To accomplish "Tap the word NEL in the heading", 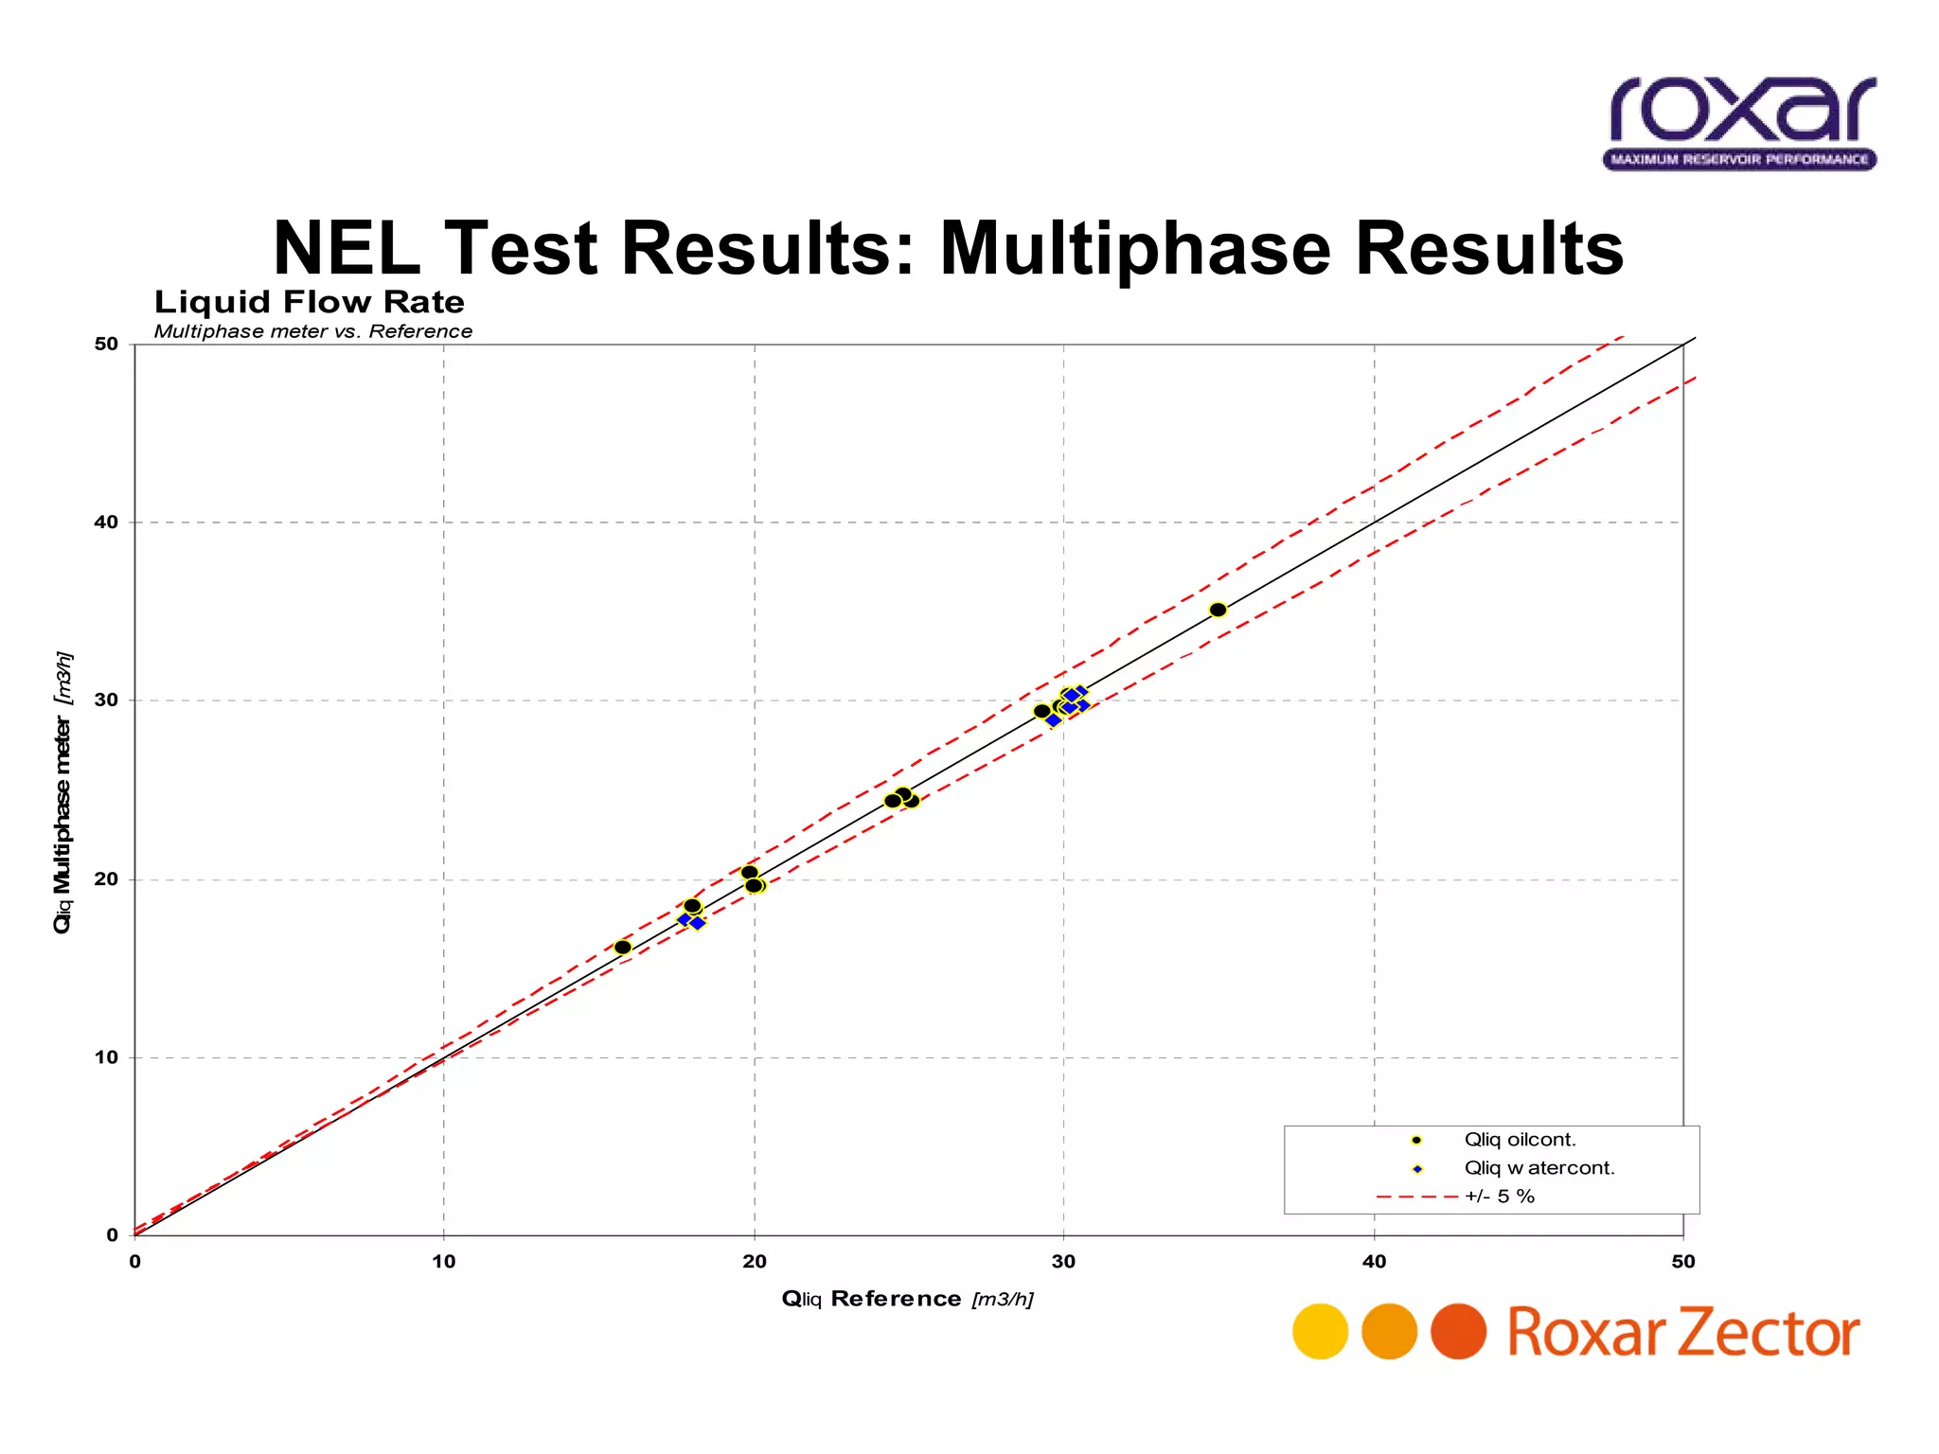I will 347,248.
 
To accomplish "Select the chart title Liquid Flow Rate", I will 310,302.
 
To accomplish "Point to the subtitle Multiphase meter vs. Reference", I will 312,331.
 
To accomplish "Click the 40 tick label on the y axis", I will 106,522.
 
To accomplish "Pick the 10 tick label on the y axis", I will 106,1057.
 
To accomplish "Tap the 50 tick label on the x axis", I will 1682,1261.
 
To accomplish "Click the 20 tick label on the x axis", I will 754,1261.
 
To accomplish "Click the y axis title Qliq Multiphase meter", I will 62,791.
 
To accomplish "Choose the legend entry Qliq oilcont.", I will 1520,1140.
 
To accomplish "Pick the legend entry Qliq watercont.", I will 1539,1168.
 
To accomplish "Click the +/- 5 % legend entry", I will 1499,1197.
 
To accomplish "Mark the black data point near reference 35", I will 1218,610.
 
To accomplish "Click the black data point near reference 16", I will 622,948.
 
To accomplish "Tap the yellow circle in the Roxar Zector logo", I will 1320,1332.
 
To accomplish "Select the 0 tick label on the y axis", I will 112,1235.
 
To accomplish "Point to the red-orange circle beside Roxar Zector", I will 1458,1332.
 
